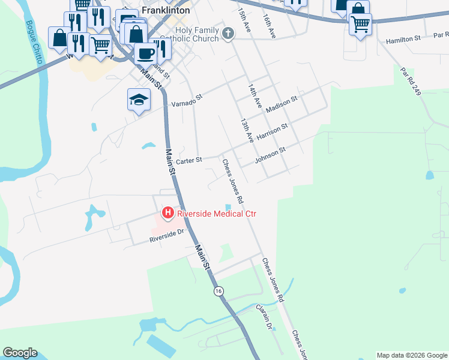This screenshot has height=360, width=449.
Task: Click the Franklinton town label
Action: coord(166,10)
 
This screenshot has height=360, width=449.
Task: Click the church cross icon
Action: coord(228,34)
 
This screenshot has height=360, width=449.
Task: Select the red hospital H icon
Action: coord(168,213)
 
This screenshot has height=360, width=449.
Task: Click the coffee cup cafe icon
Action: coord(145,54)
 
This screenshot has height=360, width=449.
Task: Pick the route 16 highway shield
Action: coord(218,291)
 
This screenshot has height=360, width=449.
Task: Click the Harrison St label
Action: coord(273,132)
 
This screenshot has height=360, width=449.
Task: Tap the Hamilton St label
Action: coord(403,39)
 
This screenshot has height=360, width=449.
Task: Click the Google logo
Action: coord(20,353)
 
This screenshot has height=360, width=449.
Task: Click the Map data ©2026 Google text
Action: coord(412,355)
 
